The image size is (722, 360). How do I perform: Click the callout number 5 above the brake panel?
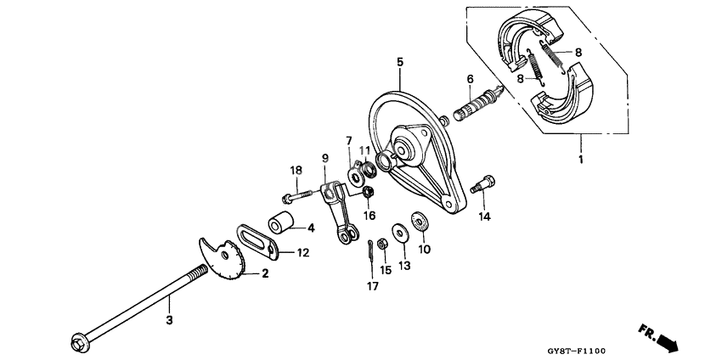click(399, 62)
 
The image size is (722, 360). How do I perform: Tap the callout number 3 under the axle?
click(169, 319)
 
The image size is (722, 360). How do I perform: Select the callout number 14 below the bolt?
click(484, 217)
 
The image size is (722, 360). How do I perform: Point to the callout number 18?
click(296, 171)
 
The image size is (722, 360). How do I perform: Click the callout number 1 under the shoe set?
click(580, 159)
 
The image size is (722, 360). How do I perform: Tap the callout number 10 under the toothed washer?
click(425, 249)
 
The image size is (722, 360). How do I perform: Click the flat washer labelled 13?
click(399, 232)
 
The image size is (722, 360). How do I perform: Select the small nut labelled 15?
click(382, 244)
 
